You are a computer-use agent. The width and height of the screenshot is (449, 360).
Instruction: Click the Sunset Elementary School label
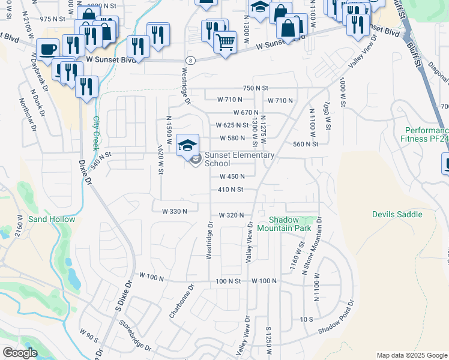(240, 159)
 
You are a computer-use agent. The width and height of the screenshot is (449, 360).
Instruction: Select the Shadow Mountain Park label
(285, 224)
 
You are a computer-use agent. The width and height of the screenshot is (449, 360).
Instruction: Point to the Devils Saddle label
(397, 214)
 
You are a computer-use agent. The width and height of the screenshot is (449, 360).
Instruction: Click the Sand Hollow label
(52, 219)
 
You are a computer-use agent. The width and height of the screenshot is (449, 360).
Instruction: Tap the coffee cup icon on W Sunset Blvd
(47, 50)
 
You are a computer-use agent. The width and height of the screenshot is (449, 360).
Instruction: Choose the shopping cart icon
(225, 43)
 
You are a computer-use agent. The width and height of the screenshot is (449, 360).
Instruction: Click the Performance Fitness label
(426, 134)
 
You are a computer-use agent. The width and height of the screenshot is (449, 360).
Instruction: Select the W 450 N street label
(232, 176)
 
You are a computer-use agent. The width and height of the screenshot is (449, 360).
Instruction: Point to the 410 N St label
(231, 190)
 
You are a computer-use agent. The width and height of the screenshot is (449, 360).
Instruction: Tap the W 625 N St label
(232, 125)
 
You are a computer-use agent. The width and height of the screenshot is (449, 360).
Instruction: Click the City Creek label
(95, 133)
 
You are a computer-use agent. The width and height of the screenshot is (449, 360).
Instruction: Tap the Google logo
(20, 353)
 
